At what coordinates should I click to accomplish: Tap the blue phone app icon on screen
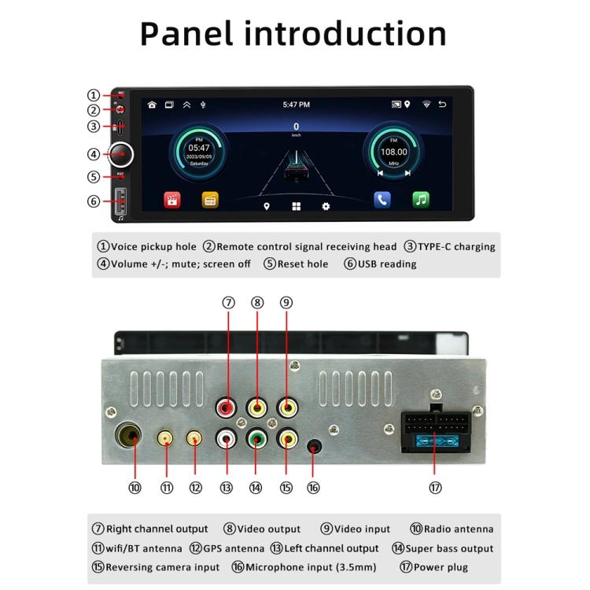(x=382, y=200)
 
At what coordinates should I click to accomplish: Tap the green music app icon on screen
(x=421, y=200)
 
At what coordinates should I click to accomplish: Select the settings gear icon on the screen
(x=326, y=206)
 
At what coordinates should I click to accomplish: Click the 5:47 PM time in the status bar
(x=297, y=105)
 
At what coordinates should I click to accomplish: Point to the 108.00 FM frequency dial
(x=393, y=152)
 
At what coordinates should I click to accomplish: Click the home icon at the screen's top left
(x=152, y=105)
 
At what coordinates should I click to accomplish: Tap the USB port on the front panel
(x=120, y=201)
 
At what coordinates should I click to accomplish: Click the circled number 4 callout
(x=94, y=154)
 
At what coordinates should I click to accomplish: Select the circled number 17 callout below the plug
(x=435, y=488)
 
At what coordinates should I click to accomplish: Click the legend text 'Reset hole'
(x=302, y=264)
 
